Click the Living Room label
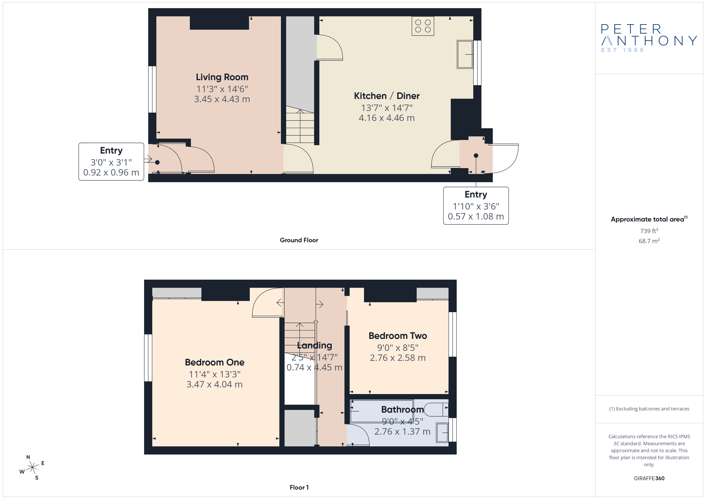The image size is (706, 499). click(x=222, y=77)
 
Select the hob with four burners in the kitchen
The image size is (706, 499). click(x=423, y=26)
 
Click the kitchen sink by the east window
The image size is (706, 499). click(x=465, y=54)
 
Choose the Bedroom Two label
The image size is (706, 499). click(x=398, y=336)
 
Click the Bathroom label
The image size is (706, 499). click(x=402, y=410)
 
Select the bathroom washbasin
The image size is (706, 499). click(x=442, y=433)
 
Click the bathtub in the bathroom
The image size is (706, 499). click(x=382, y=411)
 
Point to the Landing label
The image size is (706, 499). click(x=314, y=346)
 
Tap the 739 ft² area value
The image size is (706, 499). click(x=649, y=231)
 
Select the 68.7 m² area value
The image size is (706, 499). click(x=649, y=241)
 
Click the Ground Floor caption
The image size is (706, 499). click(x=299, y=240)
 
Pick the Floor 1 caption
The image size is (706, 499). click(x=299, y=487)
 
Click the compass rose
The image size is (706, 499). click(x=32, y=468)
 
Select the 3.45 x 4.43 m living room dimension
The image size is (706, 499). click(x=222, y=99)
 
